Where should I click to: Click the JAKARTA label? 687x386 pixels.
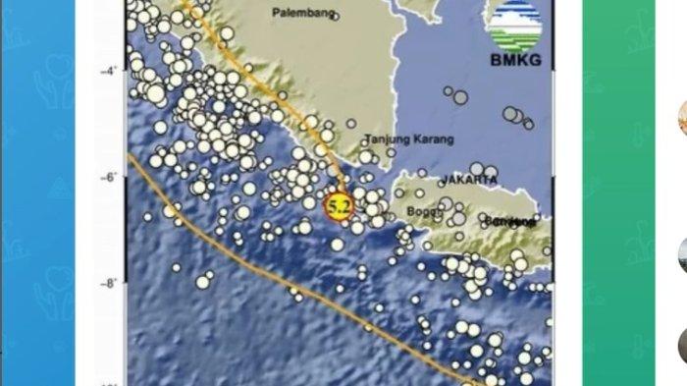[x=468, y=181]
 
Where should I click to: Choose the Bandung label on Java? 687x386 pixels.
[x=514, y=222]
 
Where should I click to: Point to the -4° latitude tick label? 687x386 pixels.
[x=111, y=71]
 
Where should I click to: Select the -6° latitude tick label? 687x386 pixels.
[x=111, y=177]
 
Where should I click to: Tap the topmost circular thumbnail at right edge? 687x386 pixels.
[x=681, y=116]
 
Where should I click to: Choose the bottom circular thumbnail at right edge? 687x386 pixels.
[x=681, y=346]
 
